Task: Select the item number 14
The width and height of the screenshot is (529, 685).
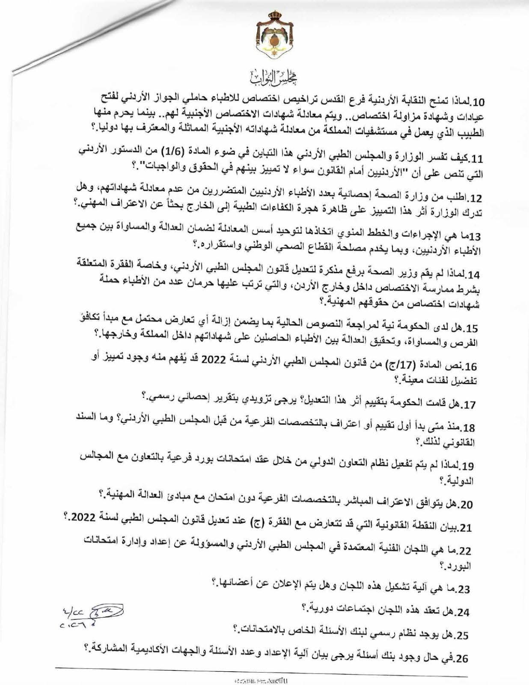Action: tap(475, 274)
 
